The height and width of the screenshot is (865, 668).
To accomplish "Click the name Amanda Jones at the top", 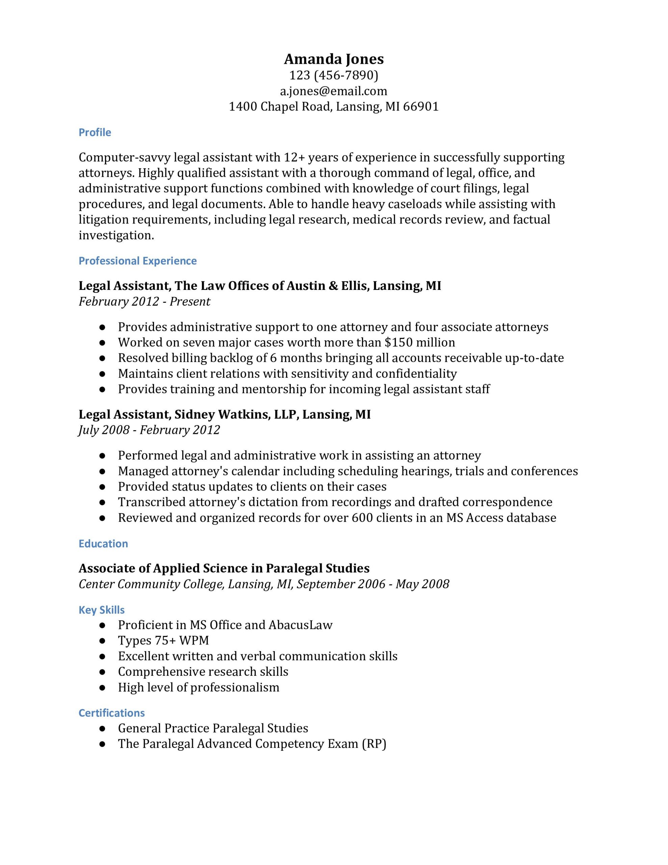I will pyautogui.click(x=334, y=59).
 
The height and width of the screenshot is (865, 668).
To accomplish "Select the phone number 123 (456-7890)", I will pyautogui.click(x=334, y=75).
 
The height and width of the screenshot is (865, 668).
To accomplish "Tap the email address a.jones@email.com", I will pyautogui.click(x=334, y=91).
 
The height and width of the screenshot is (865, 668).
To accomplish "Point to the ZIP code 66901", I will pyautogui.click(x=421, y=106).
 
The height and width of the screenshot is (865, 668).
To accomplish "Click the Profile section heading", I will pyautogui.click(x=95, y=132).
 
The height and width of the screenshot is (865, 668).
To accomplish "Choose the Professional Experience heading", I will pyautogui.click(x=137, y=261).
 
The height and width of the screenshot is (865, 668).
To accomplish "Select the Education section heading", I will pyautogui.click(x=103, y=543).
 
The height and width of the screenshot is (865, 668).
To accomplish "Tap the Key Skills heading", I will pyautogui.click(x=101, y=610).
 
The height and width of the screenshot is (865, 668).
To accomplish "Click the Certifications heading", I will pyautogui.click(x=112, y=713).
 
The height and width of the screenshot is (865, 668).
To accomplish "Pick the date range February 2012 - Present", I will pyautogui.click(x=144, y=301).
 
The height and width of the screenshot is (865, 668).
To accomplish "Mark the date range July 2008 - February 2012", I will pyautogui.click(x=149, y=430).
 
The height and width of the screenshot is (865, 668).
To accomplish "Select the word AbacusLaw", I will pyautogui.click(x=300, y=625).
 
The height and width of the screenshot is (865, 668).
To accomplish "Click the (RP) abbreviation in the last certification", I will pyautogui.click(x=374, y=744).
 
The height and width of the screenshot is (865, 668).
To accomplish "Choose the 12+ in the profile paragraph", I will pyautogui.click(x=294, y=158).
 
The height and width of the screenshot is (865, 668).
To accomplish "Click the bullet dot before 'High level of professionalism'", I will pyautogui.click(x=102, y=688).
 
